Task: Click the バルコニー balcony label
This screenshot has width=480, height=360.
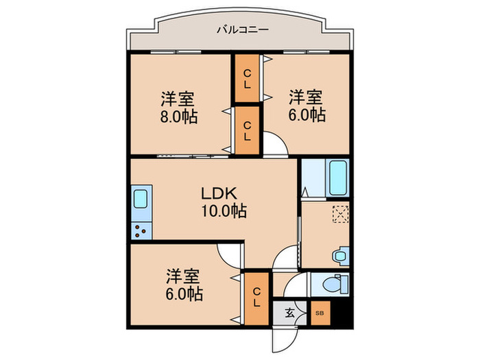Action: (x=241, y=29)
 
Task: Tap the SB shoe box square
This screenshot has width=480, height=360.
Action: (x=320, y=313)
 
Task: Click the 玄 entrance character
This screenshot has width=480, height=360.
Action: (x=289, y=313)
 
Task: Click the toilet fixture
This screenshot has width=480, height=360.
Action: (x=337, y=283)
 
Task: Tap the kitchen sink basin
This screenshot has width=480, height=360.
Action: (x=140, y=200)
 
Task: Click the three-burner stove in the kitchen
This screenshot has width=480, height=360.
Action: (x=140, y=230)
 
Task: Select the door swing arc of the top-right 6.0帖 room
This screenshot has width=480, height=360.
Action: (x=276, y=147)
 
